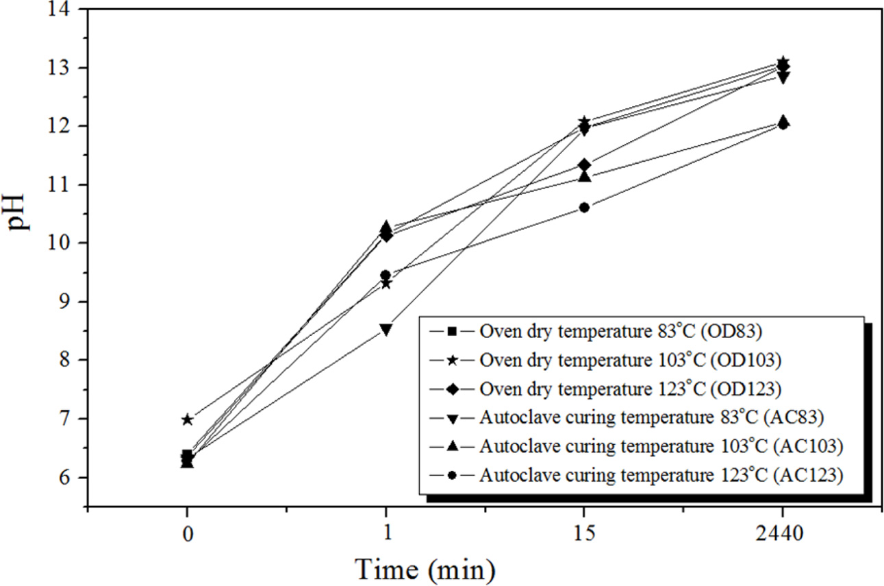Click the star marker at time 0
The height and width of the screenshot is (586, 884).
coord(187,419)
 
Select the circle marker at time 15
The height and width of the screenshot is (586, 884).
coord(584,208)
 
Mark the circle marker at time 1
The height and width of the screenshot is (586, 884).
coord(386,276)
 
